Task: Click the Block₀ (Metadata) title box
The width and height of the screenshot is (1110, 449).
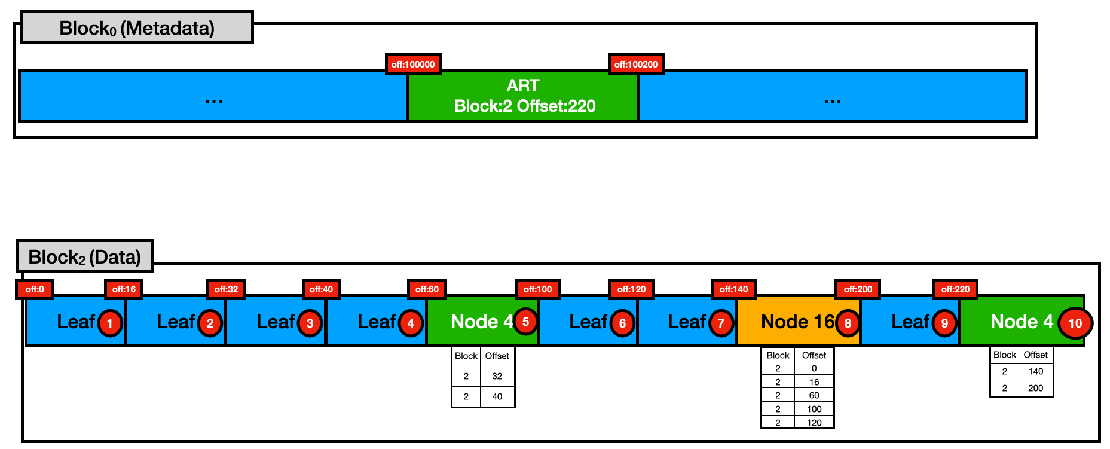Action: point(136,28)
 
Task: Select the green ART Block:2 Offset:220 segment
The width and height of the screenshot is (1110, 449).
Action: point(523,96)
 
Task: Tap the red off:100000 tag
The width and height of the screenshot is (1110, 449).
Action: point(413,64)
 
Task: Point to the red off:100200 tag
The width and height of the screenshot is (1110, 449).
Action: point(635,64)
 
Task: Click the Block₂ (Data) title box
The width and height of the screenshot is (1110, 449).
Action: point(84,256)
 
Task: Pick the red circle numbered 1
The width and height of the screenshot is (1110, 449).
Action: point(109,323)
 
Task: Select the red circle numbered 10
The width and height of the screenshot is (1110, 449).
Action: point(1075,323)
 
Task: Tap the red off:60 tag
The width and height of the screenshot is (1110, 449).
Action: point(427,289)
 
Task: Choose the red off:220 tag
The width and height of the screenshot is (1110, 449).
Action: point(955,289)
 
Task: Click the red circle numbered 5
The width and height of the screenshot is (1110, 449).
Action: point(525,322)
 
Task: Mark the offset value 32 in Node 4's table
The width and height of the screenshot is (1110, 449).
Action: point(497,376)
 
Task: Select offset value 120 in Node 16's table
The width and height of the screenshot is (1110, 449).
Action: point(814,423)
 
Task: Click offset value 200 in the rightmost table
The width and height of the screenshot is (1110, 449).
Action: point(1035,388)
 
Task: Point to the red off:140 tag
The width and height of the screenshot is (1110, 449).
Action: point(733,289)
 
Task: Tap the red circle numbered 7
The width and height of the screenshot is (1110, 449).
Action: point(721,323)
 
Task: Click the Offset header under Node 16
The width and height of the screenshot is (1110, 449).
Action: point(814,355)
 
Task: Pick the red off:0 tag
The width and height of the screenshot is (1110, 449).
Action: point(35,289)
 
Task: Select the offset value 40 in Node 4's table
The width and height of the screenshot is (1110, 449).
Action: point(497,396)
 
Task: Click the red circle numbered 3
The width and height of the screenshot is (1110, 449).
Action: point(310,323)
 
